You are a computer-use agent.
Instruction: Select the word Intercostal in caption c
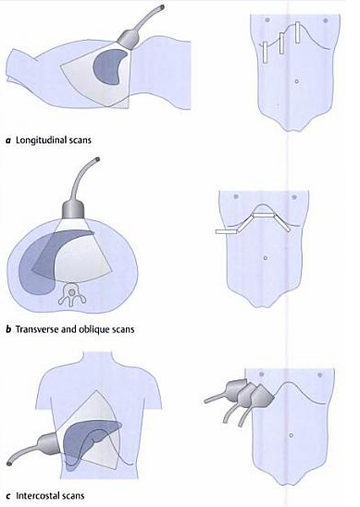tap(42, 501)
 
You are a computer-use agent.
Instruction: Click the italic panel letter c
tap(8, 501)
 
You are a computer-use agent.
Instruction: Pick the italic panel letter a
tap(8, 140)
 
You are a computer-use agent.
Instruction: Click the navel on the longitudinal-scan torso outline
tap(295, 81)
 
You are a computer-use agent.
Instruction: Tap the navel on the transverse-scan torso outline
tap(266, 256)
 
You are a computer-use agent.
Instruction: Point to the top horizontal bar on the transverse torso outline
tap(267, 212)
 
